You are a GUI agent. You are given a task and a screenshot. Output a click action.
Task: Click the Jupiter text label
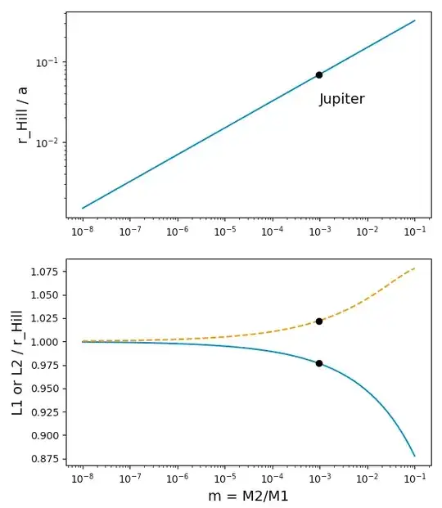(x=341, y=99)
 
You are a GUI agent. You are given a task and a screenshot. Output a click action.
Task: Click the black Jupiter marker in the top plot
(x=319, y=74)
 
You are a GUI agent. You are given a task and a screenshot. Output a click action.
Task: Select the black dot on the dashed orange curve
(x=319, y=321)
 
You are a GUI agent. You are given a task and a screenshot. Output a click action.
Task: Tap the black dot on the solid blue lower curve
(x=319, y=363)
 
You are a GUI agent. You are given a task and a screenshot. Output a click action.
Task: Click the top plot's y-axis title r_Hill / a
(x=23, y=115)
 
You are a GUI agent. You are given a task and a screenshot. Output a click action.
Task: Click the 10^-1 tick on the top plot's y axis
(x=46, y=62)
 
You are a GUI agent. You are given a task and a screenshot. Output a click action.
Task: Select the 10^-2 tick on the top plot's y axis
(x=46, y=142)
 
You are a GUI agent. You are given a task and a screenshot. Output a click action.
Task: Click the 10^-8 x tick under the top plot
(x=83, y=232)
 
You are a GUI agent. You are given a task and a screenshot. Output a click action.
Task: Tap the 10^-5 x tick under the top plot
(x=225, y=232)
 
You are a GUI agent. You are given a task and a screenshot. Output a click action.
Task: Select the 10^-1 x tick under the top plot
(x=414, y=232)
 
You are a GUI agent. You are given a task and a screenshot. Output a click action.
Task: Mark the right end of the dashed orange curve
(x=415, y=267)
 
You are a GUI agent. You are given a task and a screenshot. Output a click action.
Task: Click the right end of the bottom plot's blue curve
(x=415, y=456)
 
